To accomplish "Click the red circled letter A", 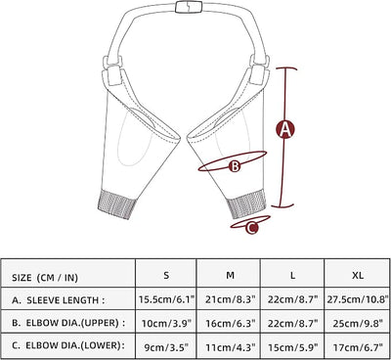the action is point(285,129).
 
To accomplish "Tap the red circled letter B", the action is point(235,166).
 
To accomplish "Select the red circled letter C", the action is point(251,227).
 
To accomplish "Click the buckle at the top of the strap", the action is point(189,7).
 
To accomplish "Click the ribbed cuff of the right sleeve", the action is point(246,203).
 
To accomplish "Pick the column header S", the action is point(166,276).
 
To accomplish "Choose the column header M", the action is point(230,276).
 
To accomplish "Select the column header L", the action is point(293,276).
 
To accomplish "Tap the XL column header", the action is point(358,276).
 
